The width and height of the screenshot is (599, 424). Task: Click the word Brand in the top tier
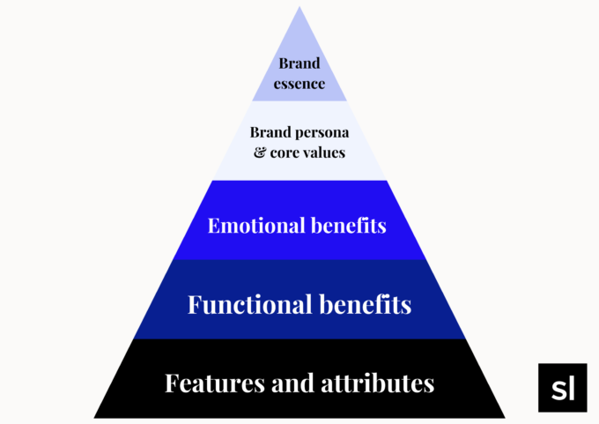tap(299, 63)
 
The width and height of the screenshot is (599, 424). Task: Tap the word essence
tap(299, 85)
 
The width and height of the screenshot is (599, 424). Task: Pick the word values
tap(322, 152)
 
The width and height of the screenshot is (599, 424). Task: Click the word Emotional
tap(255, 226)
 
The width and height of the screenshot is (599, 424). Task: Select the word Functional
tap(250, 305)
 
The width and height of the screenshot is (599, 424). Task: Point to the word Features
tap(208, 383)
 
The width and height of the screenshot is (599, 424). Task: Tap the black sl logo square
tap(562, 388)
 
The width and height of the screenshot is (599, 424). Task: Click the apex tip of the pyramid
tap(299, 8)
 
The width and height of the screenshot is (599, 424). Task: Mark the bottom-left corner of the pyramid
tap(95, 417)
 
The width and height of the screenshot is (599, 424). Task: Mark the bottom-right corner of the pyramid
tap(504, 417)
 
